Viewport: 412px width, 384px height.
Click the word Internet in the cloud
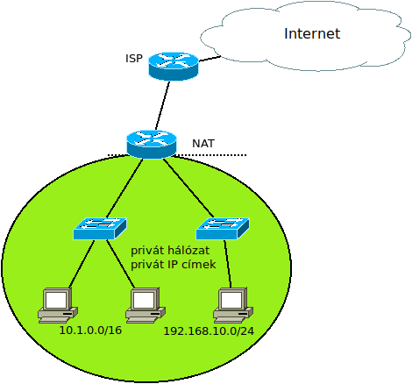click(312, 33)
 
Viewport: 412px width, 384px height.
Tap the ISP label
click(134, 59)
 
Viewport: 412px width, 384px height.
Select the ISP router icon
click(174, 67)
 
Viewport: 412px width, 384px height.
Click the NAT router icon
click(152, 145)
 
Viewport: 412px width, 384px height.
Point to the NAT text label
click(203, 144)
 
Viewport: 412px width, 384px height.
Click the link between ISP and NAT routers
click(162, 106)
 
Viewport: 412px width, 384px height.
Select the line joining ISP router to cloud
click(210, 59)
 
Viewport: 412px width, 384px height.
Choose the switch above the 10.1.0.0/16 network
click(100, 229)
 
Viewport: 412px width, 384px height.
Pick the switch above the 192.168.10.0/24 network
click(223, 229)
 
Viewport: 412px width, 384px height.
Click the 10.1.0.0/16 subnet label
click(90, 331)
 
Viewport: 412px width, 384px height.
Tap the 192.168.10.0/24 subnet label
click(209, 331)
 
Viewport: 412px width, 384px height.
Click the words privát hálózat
click(170, 251)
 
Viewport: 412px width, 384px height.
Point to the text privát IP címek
click(173, 265)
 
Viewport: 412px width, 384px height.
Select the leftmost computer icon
click(58, 305)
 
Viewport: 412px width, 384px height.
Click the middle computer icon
click(146, 305)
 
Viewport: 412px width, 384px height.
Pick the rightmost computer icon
click(233, 305)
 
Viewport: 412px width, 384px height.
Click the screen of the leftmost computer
click(56, 300)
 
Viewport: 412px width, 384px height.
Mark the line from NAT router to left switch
click(124, 188)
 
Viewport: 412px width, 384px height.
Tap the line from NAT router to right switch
click(188, 188)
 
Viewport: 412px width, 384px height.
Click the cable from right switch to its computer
click(228, 264)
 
